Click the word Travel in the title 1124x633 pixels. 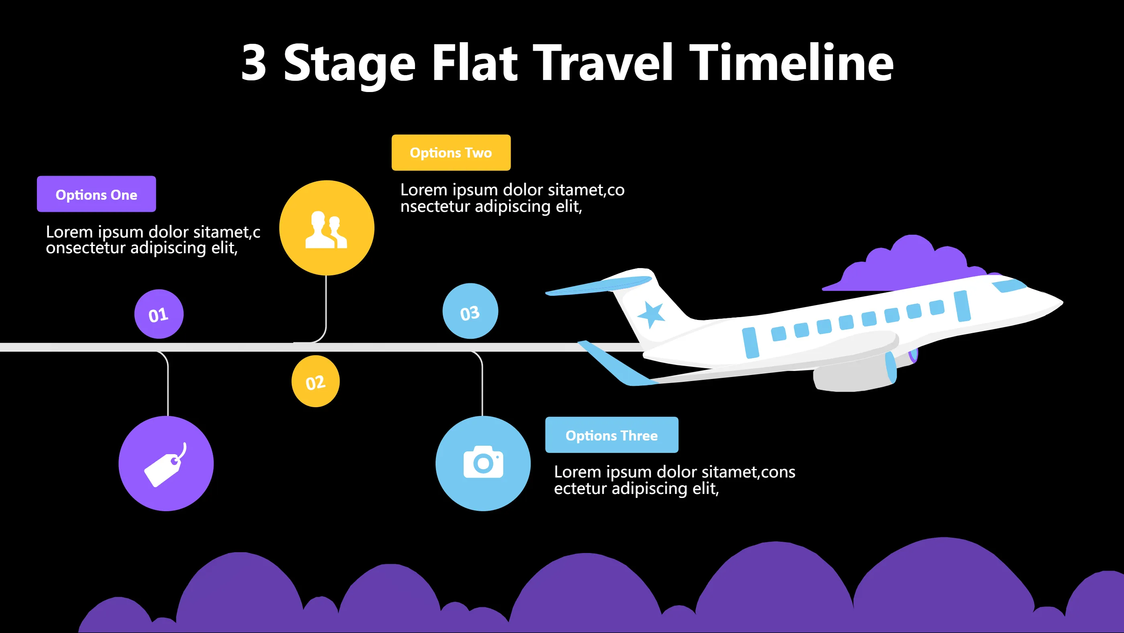(x=603, y=64)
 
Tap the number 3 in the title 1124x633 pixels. (x=254, y=64)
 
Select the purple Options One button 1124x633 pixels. (x=96, y=194)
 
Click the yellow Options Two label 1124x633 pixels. (x=451, y=152)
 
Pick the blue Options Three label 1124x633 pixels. (x=611, y=435)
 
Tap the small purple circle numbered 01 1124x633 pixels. (x=159, y=314)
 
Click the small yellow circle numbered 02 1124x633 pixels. (x=316, y=382)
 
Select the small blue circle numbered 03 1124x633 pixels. (x=470, y=311)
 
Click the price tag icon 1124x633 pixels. (x=165, y=466)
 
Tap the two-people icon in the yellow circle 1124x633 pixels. (x=326, y=230)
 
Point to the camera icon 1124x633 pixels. (x=483, y=462)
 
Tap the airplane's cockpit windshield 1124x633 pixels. (x=1009, y=285)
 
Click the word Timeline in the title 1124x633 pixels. (x=791, y=64)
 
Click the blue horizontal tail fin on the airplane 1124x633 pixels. (x=598, y=286)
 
